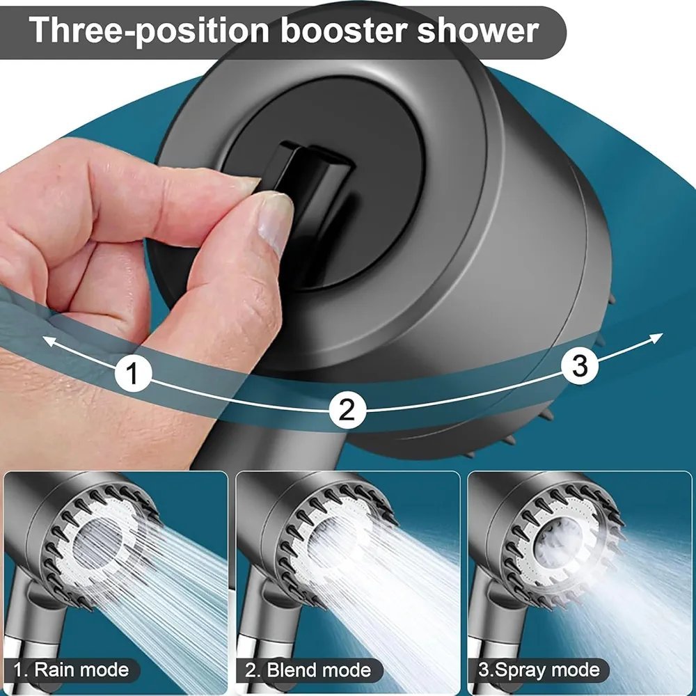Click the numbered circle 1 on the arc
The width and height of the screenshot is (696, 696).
coord(133,372)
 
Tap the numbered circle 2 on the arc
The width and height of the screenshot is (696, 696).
coord(347,409)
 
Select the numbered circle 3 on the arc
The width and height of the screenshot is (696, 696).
coord(580,366)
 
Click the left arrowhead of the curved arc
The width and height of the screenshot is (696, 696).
coord(49,341)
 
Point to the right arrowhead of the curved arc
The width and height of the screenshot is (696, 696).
coord(656,338)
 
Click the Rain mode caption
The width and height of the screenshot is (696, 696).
coord(72,670)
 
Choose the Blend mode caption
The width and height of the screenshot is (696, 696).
coord(308,670)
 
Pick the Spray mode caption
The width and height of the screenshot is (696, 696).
coord(539,670)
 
